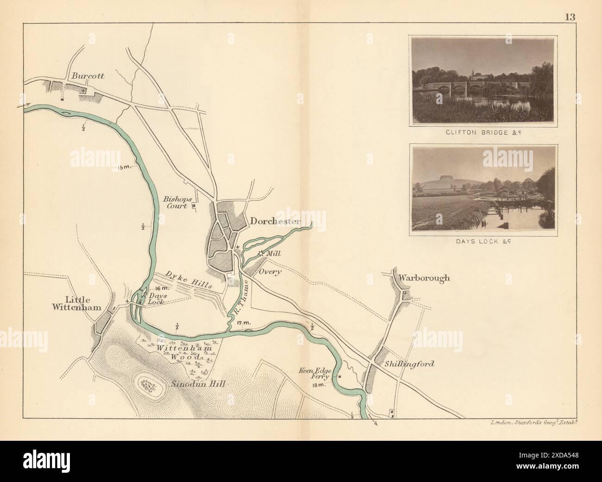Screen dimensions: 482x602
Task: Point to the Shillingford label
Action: [x=409, y=364]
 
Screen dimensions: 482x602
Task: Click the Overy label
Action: [x=270, y=272]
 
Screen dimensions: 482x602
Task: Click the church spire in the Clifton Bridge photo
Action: [x=472, y=74]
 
